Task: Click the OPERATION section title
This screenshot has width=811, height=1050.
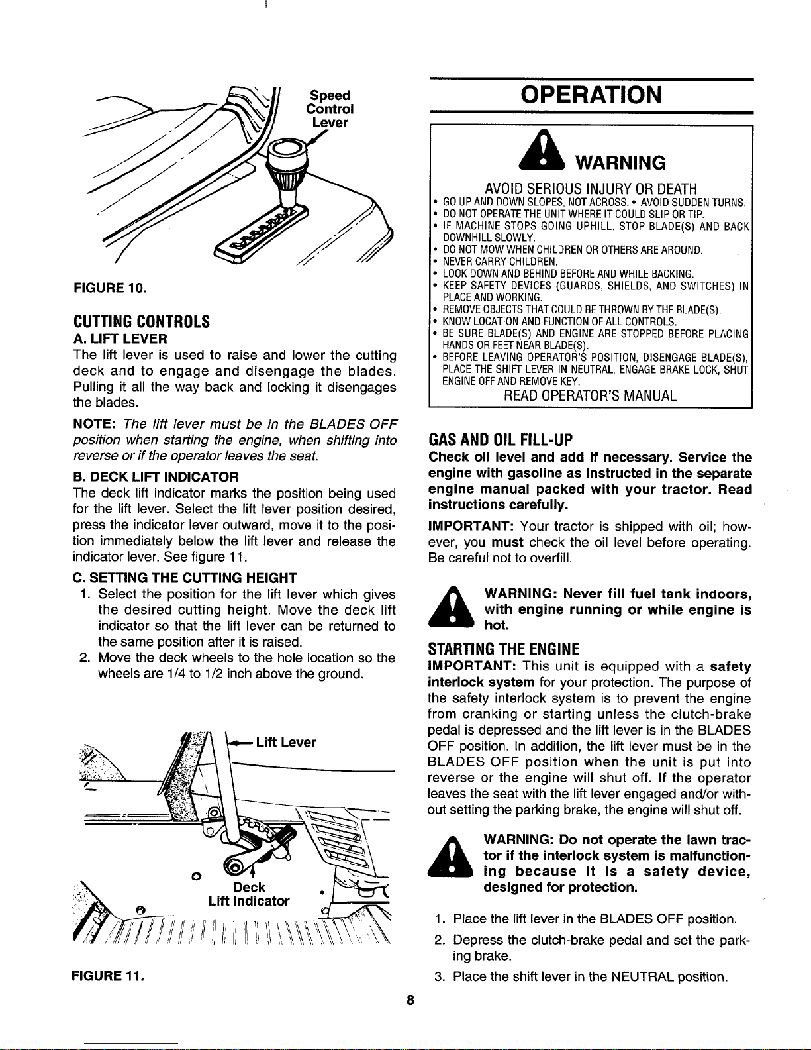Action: (591, 95)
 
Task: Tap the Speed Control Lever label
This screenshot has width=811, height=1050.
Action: (330, 109)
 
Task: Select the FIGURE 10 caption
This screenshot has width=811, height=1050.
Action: (110, 288)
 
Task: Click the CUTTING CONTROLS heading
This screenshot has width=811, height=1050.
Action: (142, 321)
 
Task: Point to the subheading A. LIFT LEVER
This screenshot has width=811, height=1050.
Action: (120, 339)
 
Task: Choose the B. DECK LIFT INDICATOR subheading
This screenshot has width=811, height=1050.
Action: (156, 477)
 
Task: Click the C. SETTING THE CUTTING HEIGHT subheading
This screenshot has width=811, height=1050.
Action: (185, 578)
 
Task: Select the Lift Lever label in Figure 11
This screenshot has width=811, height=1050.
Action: (286, 742)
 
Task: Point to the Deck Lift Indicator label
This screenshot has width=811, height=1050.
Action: (249, 894)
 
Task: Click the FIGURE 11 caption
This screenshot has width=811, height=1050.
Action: (108, 976)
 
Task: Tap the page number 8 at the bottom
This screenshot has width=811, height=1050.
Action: (410, 1000)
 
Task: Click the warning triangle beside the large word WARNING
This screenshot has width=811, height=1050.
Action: (544, 151)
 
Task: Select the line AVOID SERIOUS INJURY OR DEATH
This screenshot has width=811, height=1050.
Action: (591, 188)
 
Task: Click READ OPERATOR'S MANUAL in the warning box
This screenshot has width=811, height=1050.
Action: (591, 395)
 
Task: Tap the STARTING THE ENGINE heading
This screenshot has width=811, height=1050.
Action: (504, 649)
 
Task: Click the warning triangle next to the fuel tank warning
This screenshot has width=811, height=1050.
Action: (452, 607)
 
